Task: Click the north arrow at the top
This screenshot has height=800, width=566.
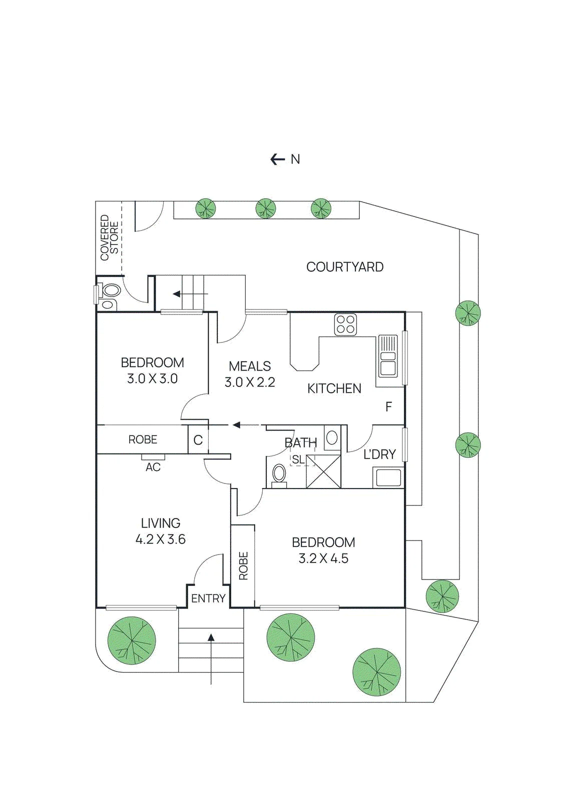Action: pyautogui.click(x=277, y=159)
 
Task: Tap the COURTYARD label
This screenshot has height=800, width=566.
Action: pyautogui.click(x=345, y=267)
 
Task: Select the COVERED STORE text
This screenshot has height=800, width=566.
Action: pyautogui.click(x=110, y=237)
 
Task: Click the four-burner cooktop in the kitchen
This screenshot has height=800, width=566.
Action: pyautogui.click(x=345, y=324)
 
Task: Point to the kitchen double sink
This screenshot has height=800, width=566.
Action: pyautogui.click(x=388, y=355)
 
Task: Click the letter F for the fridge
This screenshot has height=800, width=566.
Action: pyautogui.click(x=389, y=406)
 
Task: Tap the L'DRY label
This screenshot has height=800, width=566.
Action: pyautogui.click(x=379, y=454)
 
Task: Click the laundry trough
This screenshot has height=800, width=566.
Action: pyautogui.click(x=388, y=477)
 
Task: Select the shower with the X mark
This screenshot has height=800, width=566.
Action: pyautogui.click(x=324, y=471)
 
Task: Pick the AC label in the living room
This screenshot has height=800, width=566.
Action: pyautogui.click(x=153, y=467)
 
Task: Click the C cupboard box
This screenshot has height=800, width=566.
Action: pyautogui.click(x=198, y=440)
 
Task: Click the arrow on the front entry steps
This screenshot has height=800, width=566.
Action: pyautogui.click(x=211, y=659)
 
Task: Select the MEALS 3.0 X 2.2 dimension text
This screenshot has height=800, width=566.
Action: pyautogui.click(x=250, y=374)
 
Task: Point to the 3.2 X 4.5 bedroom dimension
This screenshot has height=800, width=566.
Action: pyautogui.click(x=323, y=558)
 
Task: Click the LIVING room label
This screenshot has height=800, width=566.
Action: pyautogui.click(x=161, y=523)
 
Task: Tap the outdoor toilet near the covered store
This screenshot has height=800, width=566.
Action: pyautogui.click(x=108, y=295)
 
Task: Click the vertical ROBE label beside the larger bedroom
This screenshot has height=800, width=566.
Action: pyautogui.click(x=243, y=565)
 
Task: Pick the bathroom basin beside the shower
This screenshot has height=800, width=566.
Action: pyautogui.click(x=332, y=437)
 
